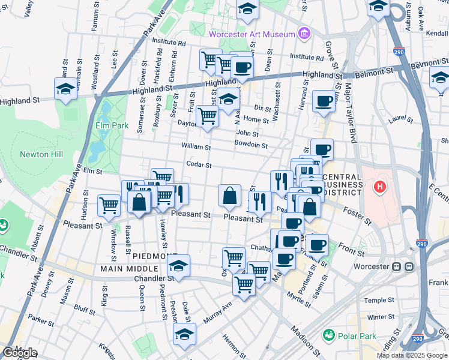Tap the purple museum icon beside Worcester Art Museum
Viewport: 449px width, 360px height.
pos(304,34)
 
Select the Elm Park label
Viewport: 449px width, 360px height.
pos(108,125)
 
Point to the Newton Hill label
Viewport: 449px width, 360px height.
pos(41,154)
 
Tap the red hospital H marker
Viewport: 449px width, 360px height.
pos(379,188)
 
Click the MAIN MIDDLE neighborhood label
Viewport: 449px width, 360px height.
pos(129,269)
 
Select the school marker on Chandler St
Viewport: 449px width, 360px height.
pos(178,266)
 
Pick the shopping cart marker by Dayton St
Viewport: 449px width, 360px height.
pos(208,116)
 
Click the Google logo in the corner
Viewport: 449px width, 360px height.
pos(20,353)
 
